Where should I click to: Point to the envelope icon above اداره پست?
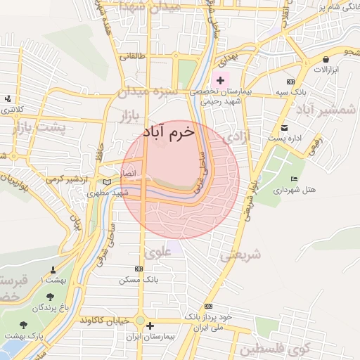point(284,128)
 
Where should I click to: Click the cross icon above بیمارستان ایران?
point(150,326)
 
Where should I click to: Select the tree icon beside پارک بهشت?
point(25,326)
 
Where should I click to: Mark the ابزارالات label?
point(326,71)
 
